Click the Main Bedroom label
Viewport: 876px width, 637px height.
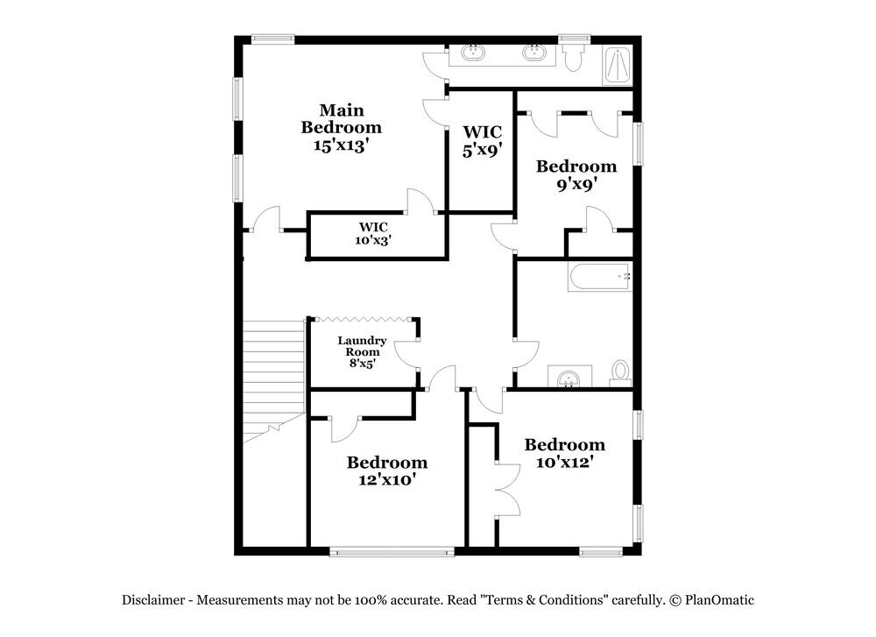pos(341,128)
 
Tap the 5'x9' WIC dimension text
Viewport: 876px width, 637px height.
pos(480,150)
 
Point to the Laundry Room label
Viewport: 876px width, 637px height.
pos(362,351)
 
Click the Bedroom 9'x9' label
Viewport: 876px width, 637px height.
pos(576,175)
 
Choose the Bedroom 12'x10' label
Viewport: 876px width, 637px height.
pos(386,471)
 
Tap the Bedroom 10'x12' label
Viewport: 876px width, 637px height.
pos(564,453)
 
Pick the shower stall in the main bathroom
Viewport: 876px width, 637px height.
pos(618,64)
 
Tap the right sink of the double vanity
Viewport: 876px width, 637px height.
pos(533,53)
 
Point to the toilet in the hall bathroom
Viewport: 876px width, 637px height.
pos(620,373)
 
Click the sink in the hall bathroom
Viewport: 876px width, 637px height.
pos(569,378)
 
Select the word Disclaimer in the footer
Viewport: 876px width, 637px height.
pos(153,600)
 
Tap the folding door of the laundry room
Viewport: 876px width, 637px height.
pos(364,319)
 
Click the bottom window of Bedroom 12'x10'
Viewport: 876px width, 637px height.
pos(392,552)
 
